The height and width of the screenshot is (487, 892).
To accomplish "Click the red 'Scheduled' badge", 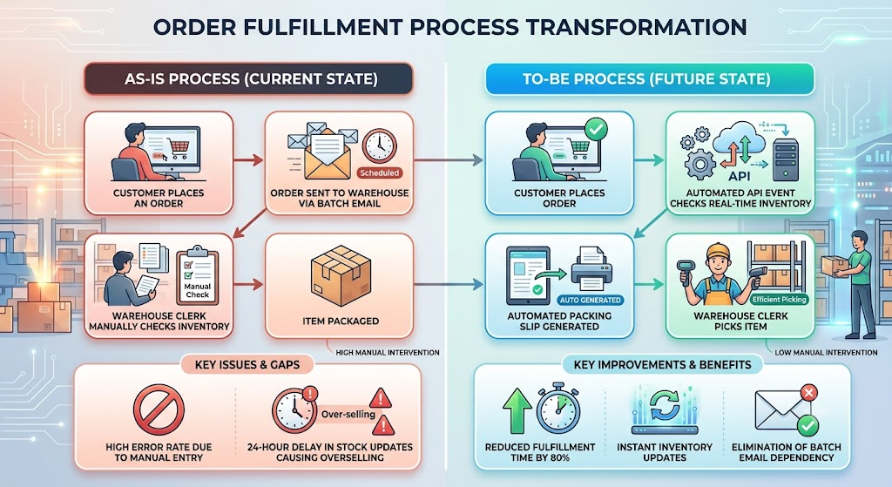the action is tap(380, 172).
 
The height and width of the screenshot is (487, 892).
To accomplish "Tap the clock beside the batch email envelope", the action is tap(380, 145).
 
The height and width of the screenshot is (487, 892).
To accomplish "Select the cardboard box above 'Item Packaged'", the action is tap(341, 275).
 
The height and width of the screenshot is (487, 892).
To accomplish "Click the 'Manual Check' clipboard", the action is tap(197, 276).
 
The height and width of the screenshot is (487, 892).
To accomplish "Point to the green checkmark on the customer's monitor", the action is tap(596, 129).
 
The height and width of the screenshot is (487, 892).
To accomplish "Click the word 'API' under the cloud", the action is tap(739, 176).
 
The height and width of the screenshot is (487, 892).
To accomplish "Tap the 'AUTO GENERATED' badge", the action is tap(590, 300).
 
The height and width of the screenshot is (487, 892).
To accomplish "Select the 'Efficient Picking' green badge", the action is tap(779, 299).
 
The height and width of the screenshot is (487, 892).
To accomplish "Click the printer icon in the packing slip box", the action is tap(591, 269).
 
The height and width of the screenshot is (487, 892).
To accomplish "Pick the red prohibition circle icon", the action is tap(159, 409).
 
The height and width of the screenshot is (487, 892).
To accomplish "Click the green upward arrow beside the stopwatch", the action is tap(517, 410).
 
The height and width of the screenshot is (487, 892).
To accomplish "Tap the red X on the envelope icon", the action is tap(808, 393).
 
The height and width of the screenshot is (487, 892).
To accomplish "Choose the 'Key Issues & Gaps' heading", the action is tap(247, 365).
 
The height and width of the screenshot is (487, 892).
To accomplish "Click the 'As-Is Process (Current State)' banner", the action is tap(248, 78).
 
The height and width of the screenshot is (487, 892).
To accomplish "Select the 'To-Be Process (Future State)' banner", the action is tap(649, 78).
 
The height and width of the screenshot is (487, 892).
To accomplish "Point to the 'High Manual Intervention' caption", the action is tap(388, 353).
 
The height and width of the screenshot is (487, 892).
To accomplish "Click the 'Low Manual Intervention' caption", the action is tap(826, 353).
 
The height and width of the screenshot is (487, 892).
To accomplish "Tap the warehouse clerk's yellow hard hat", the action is tap(718, 251).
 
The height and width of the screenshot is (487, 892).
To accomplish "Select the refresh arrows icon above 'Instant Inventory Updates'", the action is tap(665, 404).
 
